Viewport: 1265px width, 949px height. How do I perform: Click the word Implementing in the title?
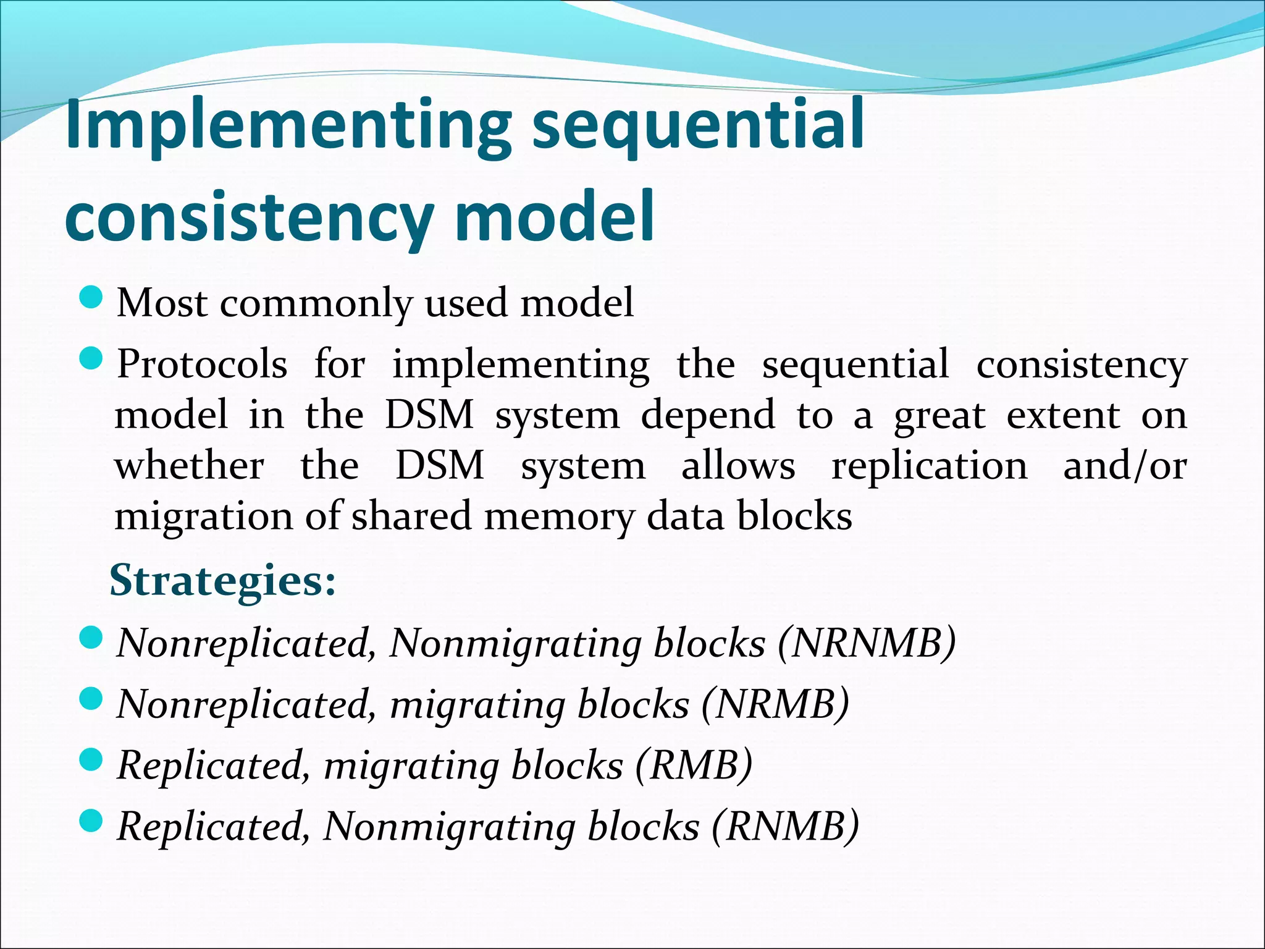point(287,127)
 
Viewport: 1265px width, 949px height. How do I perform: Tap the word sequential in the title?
point(697,127)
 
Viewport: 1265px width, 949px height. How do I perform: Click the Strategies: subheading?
point(222,581)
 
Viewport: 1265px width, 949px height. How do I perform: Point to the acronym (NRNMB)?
point(867,643)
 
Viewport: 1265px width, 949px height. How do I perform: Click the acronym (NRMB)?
point(775,704)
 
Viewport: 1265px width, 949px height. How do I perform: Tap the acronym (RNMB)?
point(784,827)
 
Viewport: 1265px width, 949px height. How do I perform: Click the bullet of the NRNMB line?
point(91,638)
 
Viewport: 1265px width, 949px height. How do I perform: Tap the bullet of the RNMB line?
point(91,821)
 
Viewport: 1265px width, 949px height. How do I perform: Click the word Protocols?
point(203,365)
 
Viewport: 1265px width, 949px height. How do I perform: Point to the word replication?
point(930,466)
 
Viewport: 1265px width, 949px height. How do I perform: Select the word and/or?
point(1124,466)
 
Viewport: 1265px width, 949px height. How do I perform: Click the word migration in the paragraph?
point(203,517)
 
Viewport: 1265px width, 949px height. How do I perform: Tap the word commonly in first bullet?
point(316,303)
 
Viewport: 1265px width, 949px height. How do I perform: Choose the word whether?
point(190,466)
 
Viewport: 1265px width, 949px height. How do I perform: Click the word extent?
point(1063,415)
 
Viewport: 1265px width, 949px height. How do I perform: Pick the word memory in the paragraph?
point(559,517)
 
